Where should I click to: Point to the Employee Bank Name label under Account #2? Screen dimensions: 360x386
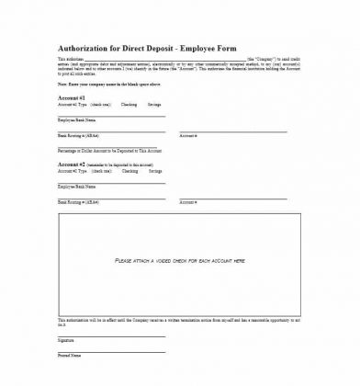click(77, 187)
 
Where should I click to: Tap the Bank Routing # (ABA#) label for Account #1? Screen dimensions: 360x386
click(79, 135)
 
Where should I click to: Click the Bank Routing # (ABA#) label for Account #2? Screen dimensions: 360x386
click(79, 201)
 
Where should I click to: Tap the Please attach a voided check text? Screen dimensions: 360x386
click(180, 261)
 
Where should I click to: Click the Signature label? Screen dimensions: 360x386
click(66, 340)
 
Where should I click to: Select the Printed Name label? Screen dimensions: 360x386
click(69, 354)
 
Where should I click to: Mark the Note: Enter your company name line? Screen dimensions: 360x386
click(107, 84)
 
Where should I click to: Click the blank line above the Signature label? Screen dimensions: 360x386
click(111, 336)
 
